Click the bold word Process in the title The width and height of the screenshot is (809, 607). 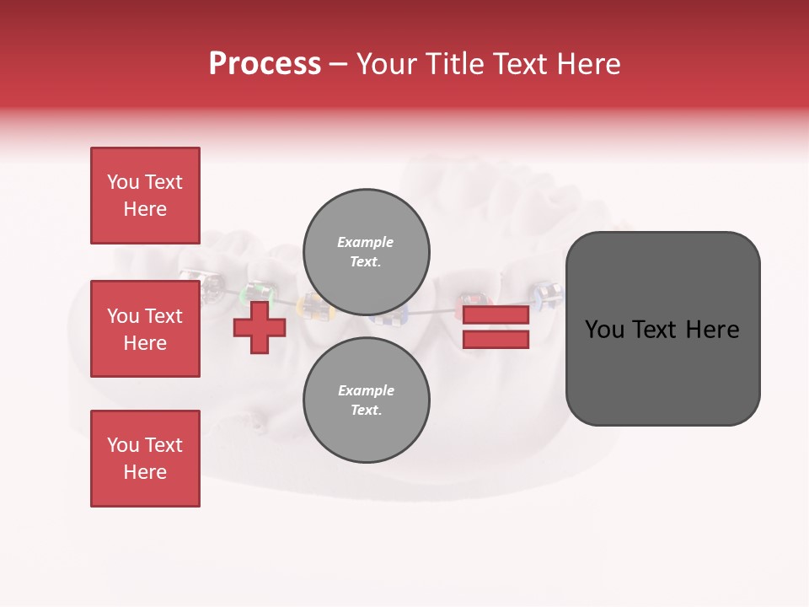click(x=265, y=64)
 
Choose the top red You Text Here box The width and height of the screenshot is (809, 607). click(x=145, y=196)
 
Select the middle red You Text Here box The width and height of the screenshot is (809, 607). click(x=145, y=329)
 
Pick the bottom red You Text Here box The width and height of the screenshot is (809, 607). click(x=145, y=459)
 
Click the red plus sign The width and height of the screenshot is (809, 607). click(x=260, y=327)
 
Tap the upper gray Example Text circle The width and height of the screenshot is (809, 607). click(x=366, y=252)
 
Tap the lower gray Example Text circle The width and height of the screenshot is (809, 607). click(x=366, y=400)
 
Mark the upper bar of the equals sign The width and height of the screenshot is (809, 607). click(x=496, y=315)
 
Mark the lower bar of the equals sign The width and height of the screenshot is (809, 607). click(x=496, y=340)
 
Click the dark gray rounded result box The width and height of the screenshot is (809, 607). click(x=662, y=328)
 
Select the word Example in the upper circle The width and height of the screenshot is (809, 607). click(x=365, y=242)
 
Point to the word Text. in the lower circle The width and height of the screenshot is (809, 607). click(x=366, y=411)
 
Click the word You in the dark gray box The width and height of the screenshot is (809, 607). click(x=603, y=330)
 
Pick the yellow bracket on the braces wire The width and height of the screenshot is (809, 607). click(x=315, y=307)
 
